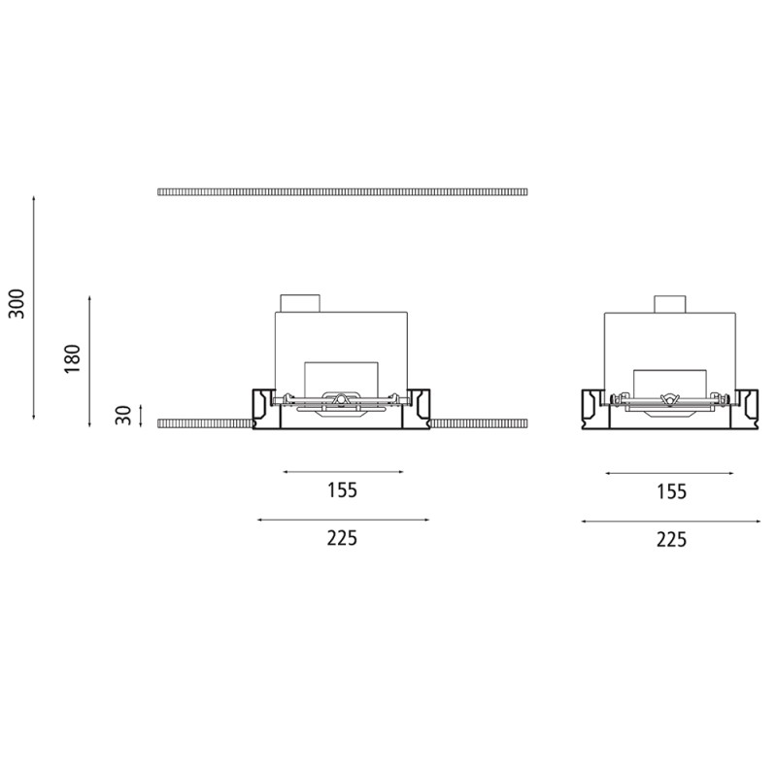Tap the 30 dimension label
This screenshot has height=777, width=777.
click(x=122, y=416)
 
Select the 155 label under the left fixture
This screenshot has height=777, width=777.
click(x=342, y=490)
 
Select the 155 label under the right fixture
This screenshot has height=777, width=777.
click(x=670, y=491)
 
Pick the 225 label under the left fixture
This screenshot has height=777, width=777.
click(x=342, y=538)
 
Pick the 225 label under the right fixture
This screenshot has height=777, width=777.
click(x=670, y=539)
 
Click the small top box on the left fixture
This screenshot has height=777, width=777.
click(x=299, y=302)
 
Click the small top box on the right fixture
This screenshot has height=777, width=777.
click(x=670, y=303)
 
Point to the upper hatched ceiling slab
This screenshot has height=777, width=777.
click(x=342, y=191)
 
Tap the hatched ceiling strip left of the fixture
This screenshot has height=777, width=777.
click(x=205, y=423)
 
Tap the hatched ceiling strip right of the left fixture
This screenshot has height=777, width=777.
click(x=479, y=423)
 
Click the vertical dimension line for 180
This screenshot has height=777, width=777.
click(x=89, y=359)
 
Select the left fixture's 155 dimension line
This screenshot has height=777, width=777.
click(x=342, y=472)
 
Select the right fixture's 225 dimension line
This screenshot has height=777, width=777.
click(x=670, y=522)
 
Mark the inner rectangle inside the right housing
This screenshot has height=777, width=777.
click(x=670, y=381)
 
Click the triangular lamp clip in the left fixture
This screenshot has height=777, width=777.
click(x=340, y=399)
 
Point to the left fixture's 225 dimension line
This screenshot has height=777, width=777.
click(x=342, y=520)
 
